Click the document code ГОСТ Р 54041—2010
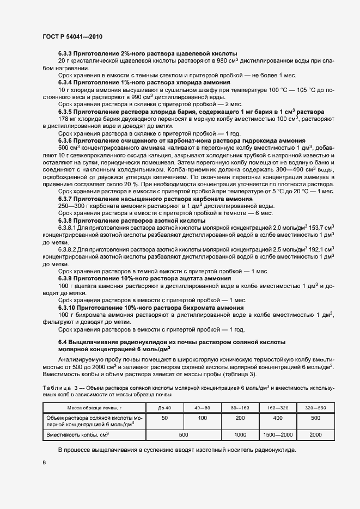pos(72,37)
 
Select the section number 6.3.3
pos(68,53)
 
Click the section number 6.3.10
pos(69,308)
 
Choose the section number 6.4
pos(64,341)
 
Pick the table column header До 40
pos(164,407)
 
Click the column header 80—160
pos(240,407)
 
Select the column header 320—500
pos(315,407)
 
